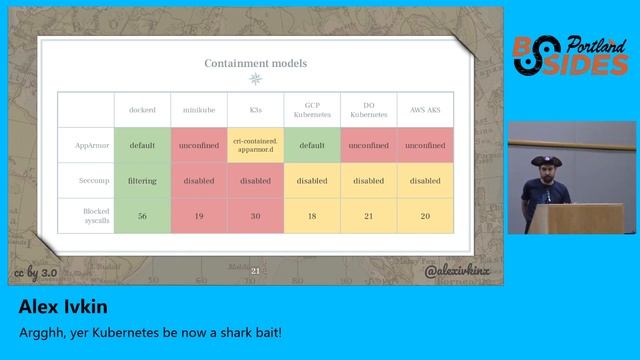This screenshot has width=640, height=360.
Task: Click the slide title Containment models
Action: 256,63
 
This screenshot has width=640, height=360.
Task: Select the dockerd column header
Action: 143,108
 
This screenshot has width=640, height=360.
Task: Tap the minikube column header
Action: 199,108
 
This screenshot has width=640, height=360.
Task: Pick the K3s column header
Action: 256,108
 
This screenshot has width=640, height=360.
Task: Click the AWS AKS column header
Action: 425,108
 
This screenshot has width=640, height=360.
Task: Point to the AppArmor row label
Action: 86,145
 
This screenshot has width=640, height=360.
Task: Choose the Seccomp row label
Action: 88,181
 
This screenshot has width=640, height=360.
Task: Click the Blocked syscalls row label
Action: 86,216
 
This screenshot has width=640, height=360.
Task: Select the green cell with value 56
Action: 143,216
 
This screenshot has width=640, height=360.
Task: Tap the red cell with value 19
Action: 199,216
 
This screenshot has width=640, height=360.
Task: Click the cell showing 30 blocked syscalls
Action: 256,216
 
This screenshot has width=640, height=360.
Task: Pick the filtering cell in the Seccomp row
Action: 143,181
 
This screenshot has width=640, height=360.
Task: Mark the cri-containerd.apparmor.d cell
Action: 256,145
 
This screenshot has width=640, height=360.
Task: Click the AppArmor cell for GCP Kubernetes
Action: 312,145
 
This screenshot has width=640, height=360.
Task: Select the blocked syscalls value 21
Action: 368,216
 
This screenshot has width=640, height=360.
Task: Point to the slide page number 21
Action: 255,271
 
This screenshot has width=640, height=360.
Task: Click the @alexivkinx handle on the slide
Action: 457,271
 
